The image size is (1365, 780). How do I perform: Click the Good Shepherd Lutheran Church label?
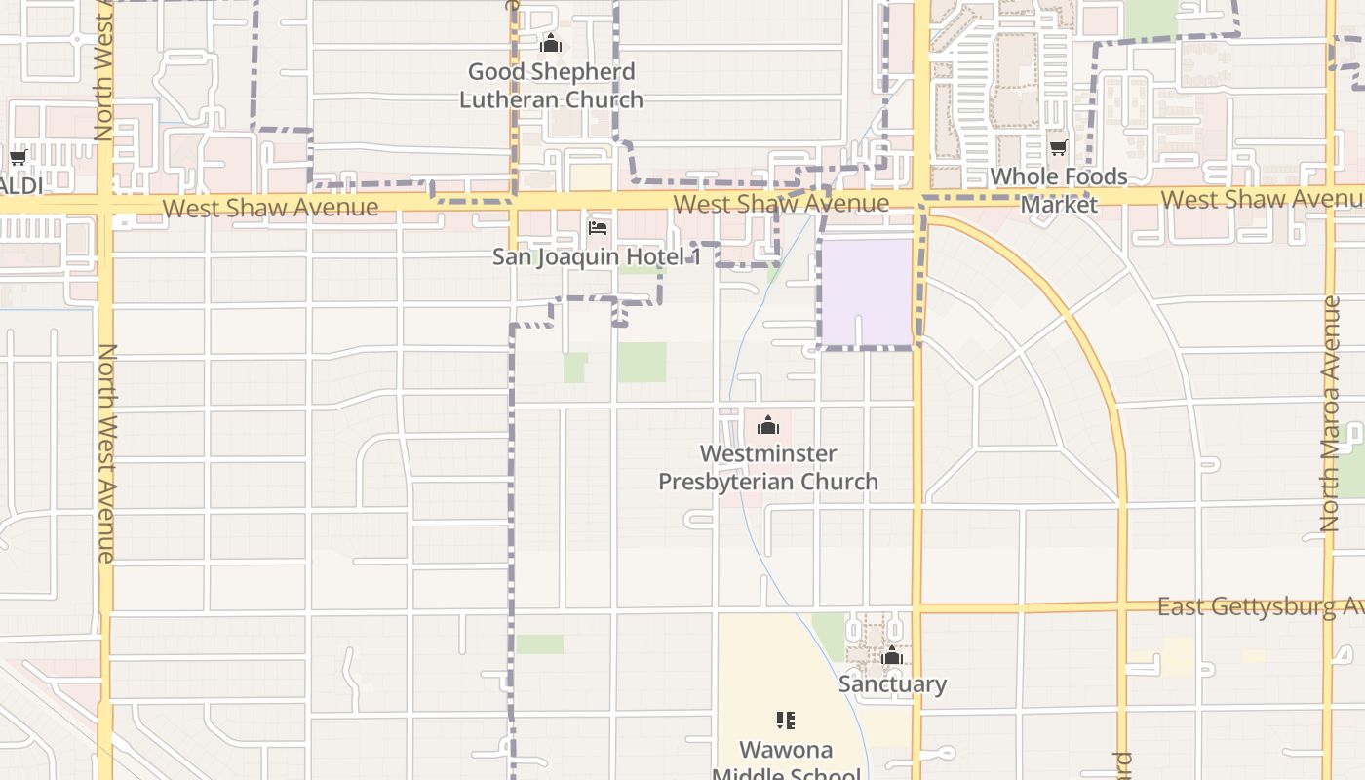[551, 85]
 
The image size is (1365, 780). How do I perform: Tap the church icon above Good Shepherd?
[551, 44]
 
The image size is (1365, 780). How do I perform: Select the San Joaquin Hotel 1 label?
[597, 256]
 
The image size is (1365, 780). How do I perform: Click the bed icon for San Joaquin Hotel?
[598, 228]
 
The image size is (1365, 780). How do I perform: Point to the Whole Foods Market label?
[1059, 190]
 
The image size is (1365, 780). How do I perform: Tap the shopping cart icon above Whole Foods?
[1059, 148]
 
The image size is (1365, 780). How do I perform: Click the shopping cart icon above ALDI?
[18, 158]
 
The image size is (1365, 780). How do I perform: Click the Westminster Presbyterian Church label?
[768, 467]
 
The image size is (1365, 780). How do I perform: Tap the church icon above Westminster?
[768, 425]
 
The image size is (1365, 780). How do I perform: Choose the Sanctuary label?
[892, 683]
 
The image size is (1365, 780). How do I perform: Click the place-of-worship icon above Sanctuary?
[892, 656]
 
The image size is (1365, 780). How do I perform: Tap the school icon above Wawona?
[786, 721]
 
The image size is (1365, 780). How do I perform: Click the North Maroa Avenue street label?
[1330, 414]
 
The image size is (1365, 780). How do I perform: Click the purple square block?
[867, 292]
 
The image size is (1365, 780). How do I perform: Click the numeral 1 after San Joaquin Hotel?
[695, 256]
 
